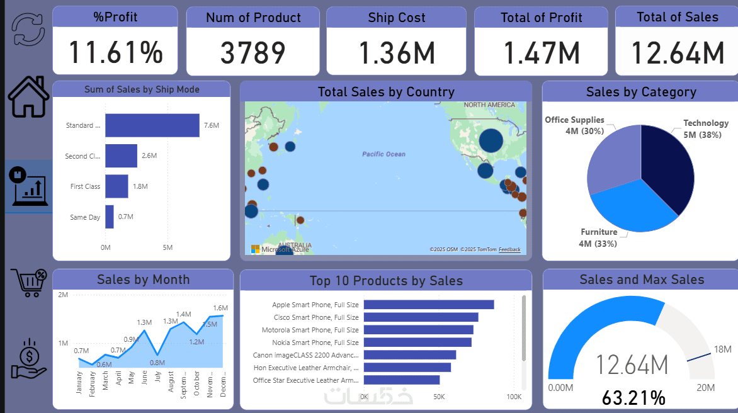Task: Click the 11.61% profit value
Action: (115, 52)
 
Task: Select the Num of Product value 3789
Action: (253, 53)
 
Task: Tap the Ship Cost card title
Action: (397, 18)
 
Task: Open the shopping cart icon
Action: (28, 283)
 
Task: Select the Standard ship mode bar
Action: (152, 125)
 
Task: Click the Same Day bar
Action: (110, 217)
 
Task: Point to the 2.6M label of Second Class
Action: (149, 156)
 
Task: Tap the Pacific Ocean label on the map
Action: (383, 154)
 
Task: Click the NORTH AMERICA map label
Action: (490, 105)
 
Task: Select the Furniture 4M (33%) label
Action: (598, 237)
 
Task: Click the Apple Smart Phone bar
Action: (428, 305)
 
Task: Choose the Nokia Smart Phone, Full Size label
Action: (315, 342)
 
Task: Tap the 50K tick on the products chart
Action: (439, 397)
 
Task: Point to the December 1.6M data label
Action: (220, 308)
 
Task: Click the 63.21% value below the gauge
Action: (633, 398)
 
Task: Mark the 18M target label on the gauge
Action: (722, 349)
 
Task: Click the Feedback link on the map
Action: (509, 250)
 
